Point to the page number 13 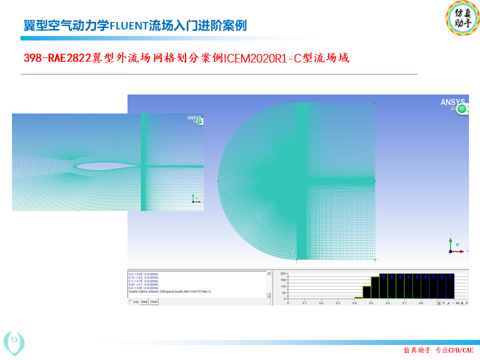click(14, 340)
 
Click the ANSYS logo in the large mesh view click(452, 102)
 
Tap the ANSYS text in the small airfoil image click(194, 118)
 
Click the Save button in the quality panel click(144, 301)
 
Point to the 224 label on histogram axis click(283, 274)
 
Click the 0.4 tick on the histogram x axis click(354, 303)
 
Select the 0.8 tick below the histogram click(421, 303)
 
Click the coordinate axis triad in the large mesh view click(451, 246)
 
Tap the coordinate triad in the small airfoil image click(194, 198)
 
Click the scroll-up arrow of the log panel click(268, 273)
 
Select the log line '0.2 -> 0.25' click(144, 274)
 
